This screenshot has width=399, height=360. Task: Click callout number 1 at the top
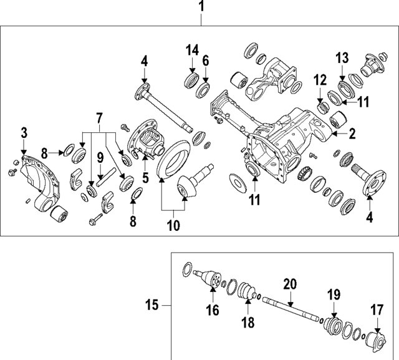pos(201,7)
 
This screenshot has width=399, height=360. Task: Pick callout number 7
pos(98,118)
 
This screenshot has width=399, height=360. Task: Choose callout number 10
pos(175,225)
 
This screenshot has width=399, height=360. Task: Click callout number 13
pos(342,58)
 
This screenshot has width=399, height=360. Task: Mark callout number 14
pos(190,49)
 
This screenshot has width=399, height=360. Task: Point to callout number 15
pos(151,305)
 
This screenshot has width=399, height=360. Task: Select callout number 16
pos(213,310)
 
